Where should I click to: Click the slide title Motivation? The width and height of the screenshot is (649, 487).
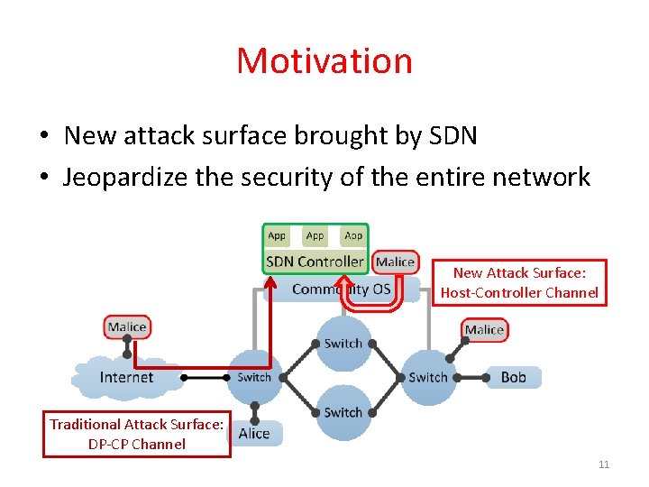(x=324, y=61)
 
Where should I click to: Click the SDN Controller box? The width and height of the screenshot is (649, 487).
(x=315, y=262)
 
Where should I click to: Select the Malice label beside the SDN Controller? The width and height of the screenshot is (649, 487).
(x=395, y=262)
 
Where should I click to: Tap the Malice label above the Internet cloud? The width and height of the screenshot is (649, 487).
(x=127, y=327)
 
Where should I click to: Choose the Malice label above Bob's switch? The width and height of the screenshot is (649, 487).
(x=484, y=330)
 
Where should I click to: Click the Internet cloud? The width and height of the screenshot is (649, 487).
(x=127, y=377)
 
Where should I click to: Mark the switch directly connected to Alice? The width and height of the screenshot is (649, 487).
(x=253, y=377)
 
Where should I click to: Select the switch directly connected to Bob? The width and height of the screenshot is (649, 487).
(x=428, y=377)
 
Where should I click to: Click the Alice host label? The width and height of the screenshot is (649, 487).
(x=254, y=433)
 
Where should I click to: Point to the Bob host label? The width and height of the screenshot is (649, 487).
(x=513, y=377)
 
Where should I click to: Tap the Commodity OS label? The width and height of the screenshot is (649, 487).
(x=343, y=289)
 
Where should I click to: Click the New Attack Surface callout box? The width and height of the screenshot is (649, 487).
(x=519, y=282)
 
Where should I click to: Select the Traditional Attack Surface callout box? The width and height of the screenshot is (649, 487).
(x=137, y=434)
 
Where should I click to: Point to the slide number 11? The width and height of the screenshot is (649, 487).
(x=604, y=464)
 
